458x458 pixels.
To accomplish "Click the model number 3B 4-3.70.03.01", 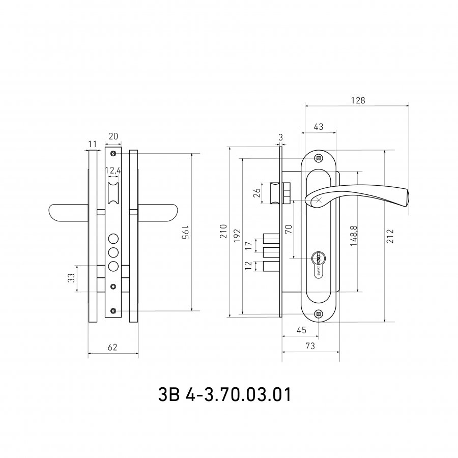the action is (224, 395).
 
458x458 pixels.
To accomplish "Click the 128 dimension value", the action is (358, 100).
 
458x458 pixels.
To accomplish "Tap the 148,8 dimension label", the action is (354, 236).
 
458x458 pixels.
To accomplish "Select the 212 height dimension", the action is (390, 236).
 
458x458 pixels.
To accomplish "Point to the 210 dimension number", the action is (223, 232).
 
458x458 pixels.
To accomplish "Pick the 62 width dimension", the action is (112, 347).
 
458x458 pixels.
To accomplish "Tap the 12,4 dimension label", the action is (113, 170).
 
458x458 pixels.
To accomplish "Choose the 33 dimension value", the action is (71, 277).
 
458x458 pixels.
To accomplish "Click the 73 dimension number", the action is (310, 346).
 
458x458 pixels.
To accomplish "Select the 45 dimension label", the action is (301, 330).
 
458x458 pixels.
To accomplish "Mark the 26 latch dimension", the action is (257, 193).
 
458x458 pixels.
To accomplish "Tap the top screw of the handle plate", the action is (319, 159).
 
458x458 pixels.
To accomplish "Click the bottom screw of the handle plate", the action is (319, 314).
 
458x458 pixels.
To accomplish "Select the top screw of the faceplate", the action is (113, 154).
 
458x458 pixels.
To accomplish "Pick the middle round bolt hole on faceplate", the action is (113, 252).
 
